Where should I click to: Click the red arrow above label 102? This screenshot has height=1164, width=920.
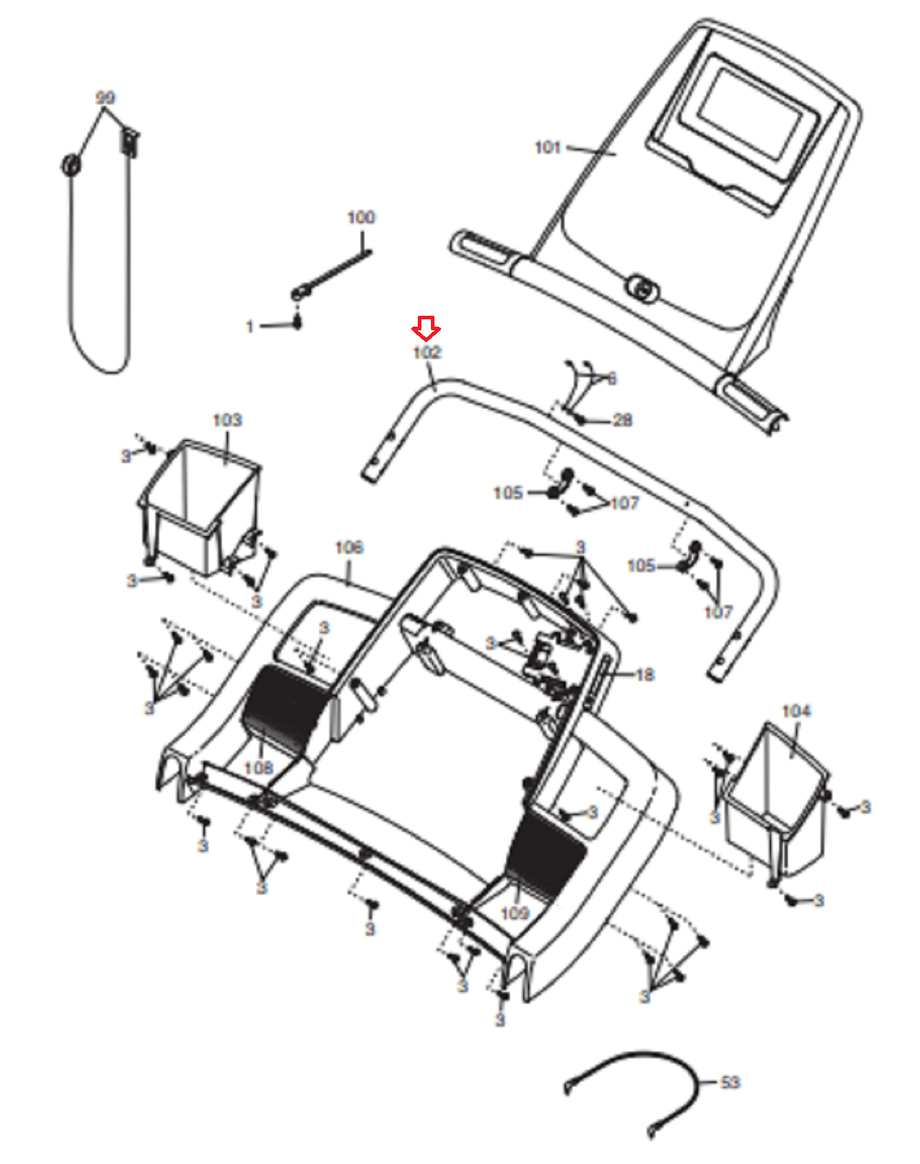(x=426, y=328)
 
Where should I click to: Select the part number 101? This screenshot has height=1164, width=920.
(x=547, y=148)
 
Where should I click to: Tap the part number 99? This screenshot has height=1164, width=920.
(x=106, y=97)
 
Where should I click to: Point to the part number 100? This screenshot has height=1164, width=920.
(x=361, y=217)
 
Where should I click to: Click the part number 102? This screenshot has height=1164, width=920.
(x=427, y=352)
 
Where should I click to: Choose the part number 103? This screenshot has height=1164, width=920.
(x=227, y=420)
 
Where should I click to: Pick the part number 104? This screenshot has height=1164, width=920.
(x=796, y=711)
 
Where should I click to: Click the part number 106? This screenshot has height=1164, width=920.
(x=349, y=547)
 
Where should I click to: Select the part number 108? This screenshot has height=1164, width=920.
(x=258, y=768)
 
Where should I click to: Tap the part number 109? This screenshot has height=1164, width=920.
(x=515, y=913)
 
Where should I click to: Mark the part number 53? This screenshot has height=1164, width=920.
(x=730, y=1083)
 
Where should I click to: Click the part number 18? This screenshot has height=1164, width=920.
(x=645, y=675)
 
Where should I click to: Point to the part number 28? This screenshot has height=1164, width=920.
(x=622, y=420)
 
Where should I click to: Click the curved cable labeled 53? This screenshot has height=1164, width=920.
(x=641, y=1069)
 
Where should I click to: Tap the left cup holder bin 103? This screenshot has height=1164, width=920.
(x=200, y=502)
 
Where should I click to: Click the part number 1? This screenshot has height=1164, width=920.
(x=250, y=327)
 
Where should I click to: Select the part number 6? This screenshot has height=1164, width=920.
(x=611, y=378)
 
